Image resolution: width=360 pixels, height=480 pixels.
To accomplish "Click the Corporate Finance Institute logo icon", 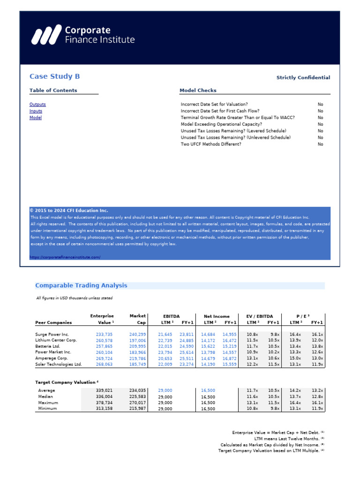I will coord(46,35).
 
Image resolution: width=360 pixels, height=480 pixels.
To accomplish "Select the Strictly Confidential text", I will coord(303,78).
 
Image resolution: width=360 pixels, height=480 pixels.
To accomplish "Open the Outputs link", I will coord(37,105).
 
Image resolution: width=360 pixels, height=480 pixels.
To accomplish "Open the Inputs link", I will coord(36,111).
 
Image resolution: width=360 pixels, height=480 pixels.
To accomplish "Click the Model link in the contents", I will coord(36,118).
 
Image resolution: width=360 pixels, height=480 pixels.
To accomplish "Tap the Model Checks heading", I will coord(198,90).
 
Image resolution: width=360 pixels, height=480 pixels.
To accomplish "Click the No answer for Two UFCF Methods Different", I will coord(320,144).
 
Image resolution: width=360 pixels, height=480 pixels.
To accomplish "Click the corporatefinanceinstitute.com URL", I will coord(65,257).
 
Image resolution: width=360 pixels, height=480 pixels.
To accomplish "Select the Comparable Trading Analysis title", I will coord(81,285).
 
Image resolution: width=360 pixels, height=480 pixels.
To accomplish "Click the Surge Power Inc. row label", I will coord(52,334).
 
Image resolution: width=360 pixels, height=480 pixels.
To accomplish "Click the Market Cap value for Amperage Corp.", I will coord(137,358).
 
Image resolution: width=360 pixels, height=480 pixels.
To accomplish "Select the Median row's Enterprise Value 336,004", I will coord(105,397).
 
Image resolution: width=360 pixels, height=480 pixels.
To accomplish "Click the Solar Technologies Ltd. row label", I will coord(59,364).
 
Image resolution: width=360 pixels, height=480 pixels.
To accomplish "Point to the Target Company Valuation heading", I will coord(67,382).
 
